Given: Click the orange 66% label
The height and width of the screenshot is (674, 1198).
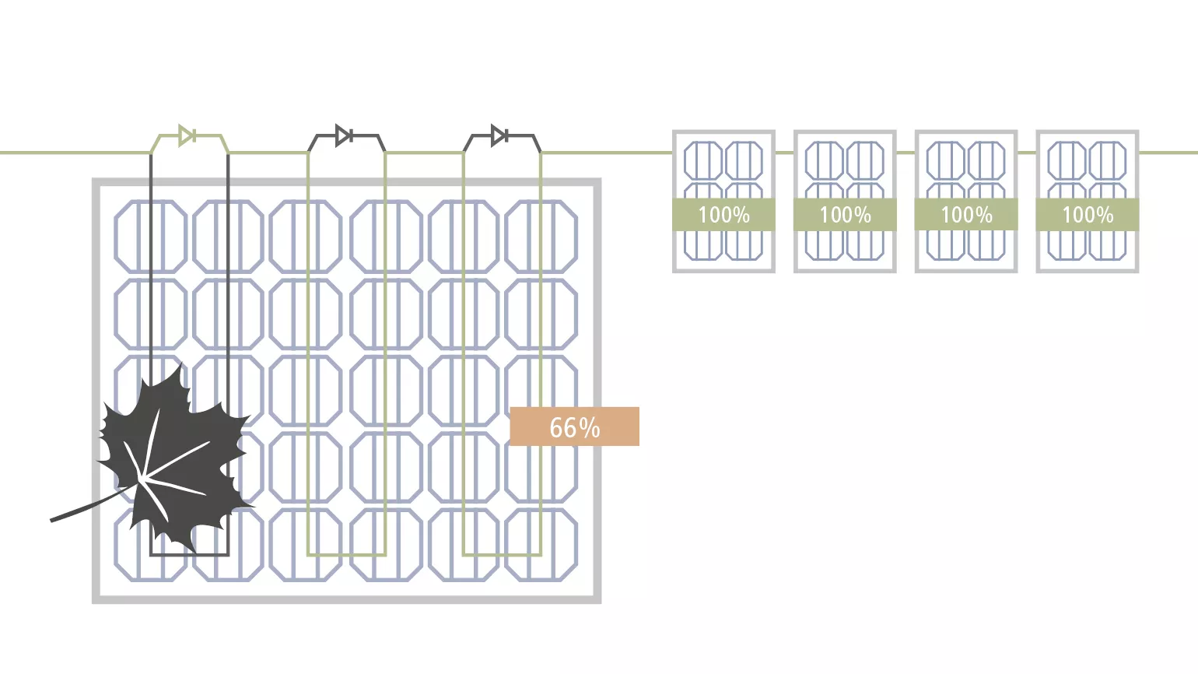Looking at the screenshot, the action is [x=574, y=427].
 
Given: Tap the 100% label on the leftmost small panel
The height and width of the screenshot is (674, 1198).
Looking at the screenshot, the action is [x=723, y=215].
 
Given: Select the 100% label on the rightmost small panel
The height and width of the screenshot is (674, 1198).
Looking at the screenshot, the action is [x=1088, y=215].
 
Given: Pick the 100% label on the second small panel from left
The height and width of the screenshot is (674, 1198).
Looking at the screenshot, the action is [x=845, y=215].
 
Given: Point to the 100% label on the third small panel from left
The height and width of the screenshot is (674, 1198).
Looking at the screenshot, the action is [x=966, y=215].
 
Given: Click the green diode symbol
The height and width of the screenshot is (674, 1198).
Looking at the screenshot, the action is [x=187, y=135].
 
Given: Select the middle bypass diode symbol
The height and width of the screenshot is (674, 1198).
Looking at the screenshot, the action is [x=343, y=135].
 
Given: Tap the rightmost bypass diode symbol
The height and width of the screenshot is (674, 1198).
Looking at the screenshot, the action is [x=499, y=135].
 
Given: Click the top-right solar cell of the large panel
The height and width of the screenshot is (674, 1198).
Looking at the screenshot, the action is [x=541, y=236].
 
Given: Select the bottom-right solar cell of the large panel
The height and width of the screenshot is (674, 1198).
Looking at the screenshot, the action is [x=541, y=545].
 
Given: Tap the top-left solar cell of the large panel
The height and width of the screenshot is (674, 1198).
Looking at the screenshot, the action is [x=151, y=236].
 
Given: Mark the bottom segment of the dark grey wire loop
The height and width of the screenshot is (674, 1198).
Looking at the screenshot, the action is [x=189, y=555].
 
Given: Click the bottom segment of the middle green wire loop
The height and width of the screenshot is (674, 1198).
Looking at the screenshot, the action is [x=347, y=555].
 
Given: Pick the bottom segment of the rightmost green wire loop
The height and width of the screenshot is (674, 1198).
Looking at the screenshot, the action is [x=503, y=555].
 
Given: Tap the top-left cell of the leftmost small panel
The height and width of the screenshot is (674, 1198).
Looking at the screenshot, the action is [x=703, y=160].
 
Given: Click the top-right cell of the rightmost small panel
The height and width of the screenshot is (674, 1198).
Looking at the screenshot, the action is [x=1108, y=160].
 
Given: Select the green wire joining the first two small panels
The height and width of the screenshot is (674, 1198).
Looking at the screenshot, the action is [x=785, y=153].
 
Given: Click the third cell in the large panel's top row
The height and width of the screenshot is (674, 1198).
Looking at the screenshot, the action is [x=306, y=236].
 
